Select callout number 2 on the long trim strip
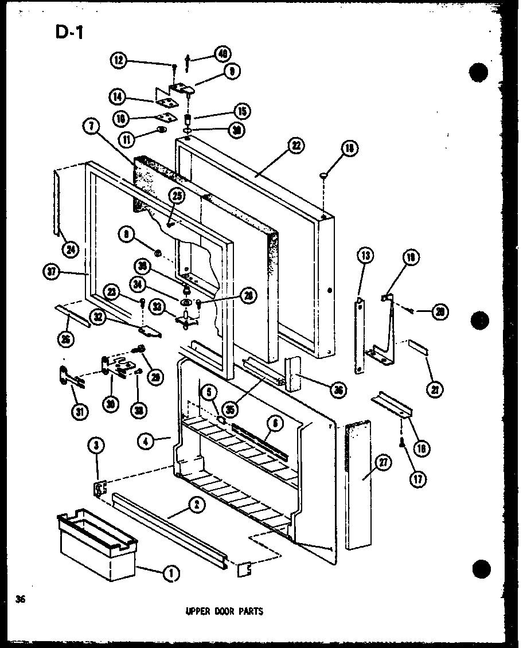[196, 505]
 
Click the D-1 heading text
[70, 33]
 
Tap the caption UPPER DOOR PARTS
[224, 611]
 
